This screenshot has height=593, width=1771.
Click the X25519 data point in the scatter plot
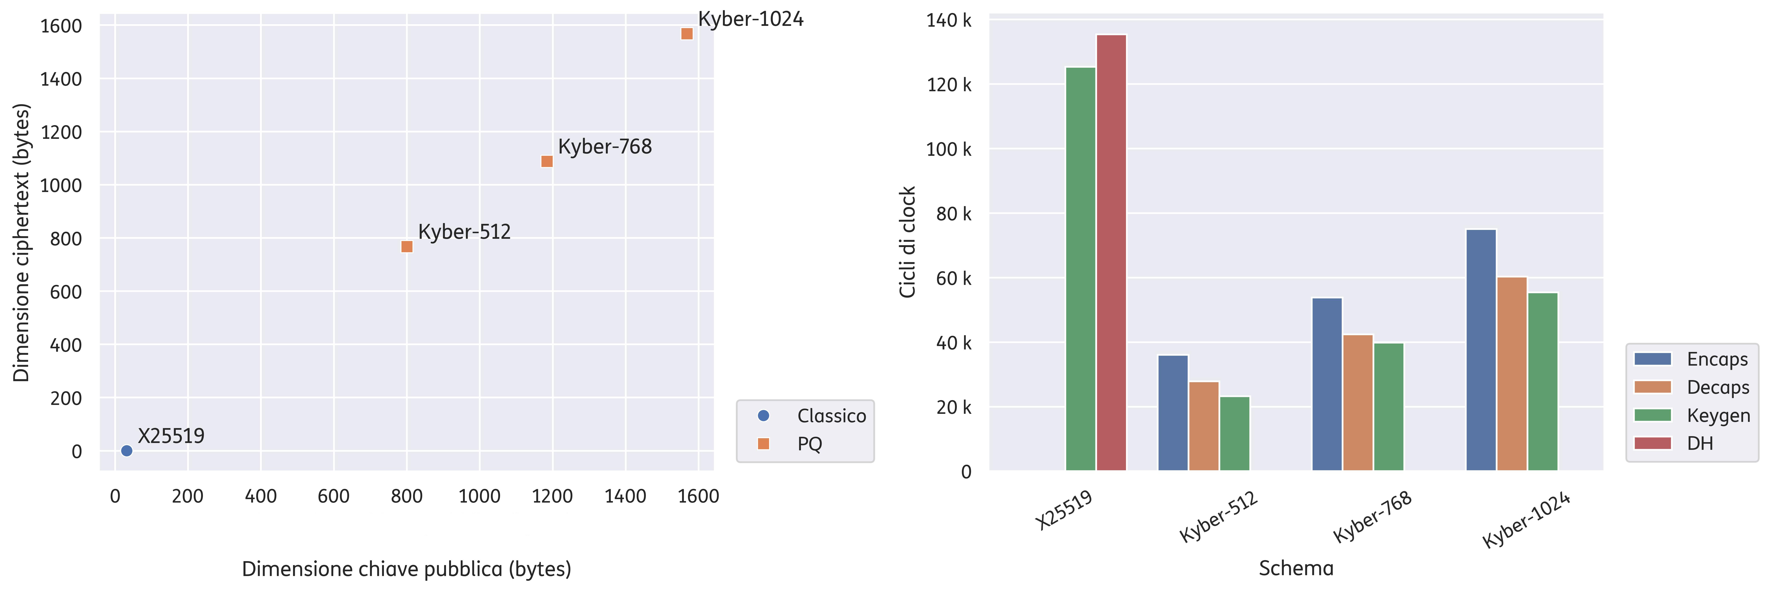coord(127,451)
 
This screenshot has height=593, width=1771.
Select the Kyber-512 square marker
coord(407,247)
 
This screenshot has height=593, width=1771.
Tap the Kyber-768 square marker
coord(547,161)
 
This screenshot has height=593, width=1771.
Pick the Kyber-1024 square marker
coord(687,34)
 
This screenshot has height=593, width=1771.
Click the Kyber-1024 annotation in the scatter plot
coord(751,19)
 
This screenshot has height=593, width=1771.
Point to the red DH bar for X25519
coord(1112,252)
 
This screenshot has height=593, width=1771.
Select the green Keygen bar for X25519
coord(1081,269)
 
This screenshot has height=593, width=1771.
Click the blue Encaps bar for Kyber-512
coord(1173,413)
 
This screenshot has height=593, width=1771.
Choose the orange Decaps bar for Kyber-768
coord(1358,403)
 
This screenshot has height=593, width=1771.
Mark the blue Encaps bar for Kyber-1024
coord(1481,350)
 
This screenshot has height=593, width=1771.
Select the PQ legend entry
coord(789,444)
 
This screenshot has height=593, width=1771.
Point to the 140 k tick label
coord(949,21)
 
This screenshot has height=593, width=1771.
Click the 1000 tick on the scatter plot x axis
coord(479,496)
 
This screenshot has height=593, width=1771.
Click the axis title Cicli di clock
coord(908,242)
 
